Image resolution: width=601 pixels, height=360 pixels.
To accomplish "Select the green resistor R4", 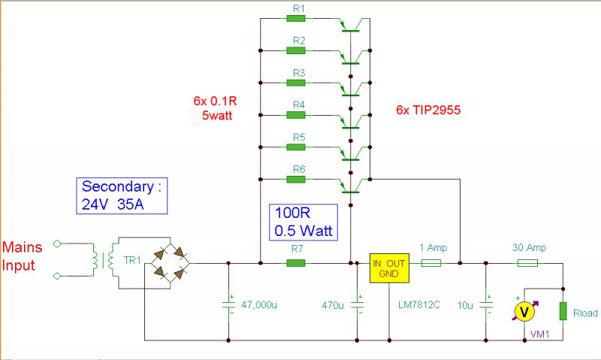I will [x=296, y=115].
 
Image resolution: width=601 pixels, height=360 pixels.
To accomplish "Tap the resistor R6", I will [x=296, y=179].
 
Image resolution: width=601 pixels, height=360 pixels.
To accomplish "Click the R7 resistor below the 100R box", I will [x=296, y=263].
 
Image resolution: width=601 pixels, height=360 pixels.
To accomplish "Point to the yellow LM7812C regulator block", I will [x=388, y=268].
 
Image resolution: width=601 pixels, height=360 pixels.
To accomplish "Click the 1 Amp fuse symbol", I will [x=431, y=263].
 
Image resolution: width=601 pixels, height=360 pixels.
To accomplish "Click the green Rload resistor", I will [x=563, y=311].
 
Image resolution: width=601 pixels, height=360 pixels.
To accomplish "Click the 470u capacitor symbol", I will [x=358, y=306].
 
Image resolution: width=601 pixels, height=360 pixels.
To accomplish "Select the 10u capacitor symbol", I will [x=486, y=306].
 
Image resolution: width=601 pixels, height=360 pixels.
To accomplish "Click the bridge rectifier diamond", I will [x=167, y=263].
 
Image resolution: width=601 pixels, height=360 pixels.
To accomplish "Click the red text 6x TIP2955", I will [x=427, y=110].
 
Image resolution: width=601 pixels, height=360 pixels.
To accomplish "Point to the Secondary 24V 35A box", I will [x=122, y=195].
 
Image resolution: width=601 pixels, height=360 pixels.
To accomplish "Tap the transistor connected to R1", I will [x=352, y=26].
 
